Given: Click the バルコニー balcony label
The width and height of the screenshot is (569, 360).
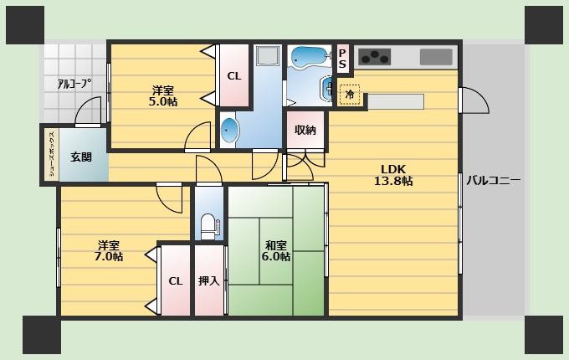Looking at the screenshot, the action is pos(493,180).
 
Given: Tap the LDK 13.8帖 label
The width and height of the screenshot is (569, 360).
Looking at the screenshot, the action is pos(393,175).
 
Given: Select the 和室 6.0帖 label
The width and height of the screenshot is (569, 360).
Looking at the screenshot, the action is pos(276,251).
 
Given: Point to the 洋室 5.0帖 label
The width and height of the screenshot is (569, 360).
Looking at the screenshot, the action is pos(163,95).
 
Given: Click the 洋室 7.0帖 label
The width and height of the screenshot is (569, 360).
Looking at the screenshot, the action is pos(109,251).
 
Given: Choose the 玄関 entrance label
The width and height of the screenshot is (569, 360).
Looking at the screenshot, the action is pos(81,157).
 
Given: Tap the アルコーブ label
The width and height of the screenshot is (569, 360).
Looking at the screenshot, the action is pos(74,84).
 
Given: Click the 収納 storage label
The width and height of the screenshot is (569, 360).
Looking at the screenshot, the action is pos(305,130).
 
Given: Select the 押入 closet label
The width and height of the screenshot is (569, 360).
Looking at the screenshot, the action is pos(209,280).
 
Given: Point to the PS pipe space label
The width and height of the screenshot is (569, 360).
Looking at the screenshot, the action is pos(342,59).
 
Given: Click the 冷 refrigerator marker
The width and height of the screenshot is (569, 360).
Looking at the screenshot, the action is pos(350,95).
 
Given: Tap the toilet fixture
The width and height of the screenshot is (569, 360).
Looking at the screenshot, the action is pos(208,227).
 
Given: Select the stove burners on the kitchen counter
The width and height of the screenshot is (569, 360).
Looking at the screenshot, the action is pos(375,57).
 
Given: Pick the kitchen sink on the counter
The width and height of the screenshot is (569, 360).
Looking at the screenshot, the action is pos(436,57).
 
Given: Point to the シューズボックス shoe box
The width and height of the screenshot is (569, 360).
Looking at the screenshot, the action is pos(52,155).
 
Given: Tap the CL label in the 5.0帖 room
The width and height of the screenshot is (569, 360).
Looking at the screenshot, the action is pos(234,76).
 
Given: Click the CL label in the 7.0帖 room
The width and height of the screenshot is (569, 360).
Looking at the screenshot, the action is pos(176,281).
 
